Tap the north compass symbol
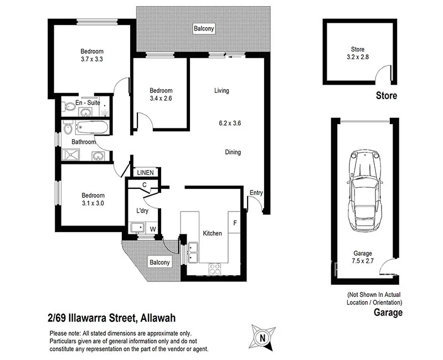[x=262, y=335]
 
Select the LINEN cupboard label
[x=146, y=173]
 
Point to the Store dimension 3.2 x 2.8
[x=357, y=57]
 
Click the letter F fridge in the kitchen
[x=235, y=223]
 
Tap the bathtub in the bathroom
[x=92, y=128]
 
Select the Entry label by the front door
[x=256, y=193]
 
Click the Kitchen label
[x=212, y=233]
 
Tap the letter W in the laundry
[x=153, y=228]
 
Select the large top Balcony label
[x=204, y=29]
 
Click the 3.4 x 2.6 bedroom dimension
[x=161, y=99]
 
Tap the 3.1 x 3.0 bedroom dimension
[x=93, y=203]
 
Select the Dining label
[x=233, y=152]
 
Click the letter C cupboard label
[x=144, y=185]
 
